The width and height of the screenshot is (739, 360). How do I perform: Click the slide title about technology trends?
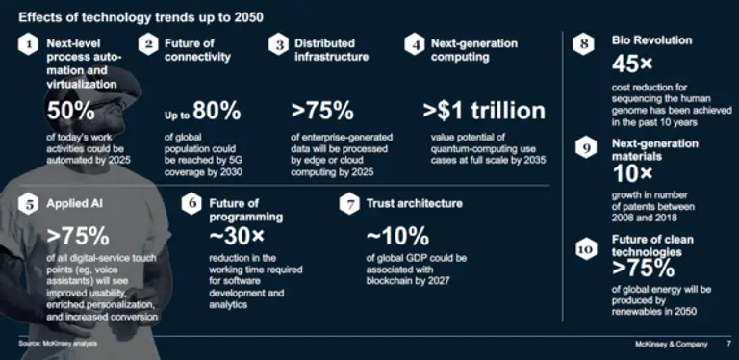140,18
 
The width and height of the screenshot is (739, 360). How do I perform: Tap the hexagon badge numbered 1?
28,45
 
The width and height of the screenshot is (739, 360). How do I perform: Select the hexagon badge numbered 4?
415,45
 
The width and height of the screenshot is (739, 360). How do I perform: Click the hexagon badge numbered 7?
349,204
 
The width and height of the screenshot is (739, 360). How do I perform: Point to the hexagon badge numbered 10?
585,249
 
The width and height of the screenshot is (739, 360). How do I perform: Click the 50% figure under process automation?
70,112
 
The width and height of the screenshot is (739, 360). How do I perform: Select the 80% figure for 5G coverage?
217,112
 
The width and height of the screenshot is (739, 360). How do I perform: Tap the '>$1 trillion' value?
484,111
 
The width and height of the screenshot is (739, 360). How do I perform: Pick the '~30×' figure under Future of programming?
237,237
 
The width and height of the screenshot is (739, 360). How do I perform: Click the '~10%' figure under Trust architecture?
397,237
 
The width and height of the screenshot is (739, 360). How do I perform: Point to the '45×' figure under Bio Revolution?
632,64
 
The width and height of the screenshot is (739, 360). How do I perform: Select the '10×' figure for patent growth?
632,175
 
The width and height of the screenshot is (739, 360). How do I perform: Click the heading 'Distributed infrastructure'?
331,50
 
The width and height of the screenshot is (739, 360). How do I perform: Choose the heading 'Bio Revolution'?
651,40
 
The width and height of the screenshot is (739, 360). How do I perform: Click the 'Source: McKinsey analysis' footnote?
58,344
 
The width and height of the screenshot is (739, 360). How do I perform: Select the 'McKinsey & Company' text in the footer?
671,344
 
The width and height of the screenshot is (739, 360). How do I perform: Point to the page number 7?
729,344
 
